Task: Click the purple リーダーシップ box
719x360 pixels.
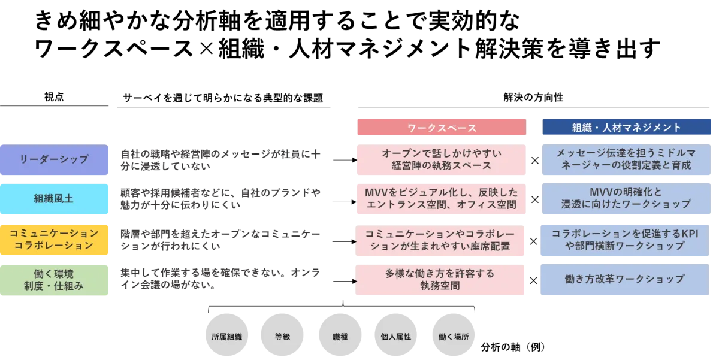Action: pyautogui.click(x=54, y=159)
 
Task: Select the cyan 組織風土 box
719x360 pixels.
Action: pyautogui.click(x=54, y=199)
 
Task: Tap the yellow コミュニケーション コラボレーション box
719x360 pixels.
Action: pyautogui.click(x=54, y=240)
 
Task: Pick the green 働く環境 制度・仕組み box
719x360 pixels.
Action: pyautogui.click(x=54, y=280)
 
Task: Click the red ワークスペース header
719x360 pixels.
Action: pyautogui.click(x=442, y=127)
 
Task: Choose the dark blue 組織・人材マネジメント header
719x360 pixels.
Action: pyautogui.click(x=627, y=127)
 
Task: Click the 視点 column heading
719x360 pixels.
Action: pyautogui.click(x=54, y=97)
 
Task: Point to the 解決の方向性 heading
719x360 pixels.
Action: pyautogui.click(x=533, y=97)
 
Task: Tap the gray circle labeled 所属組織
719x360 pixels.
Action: pyautogui.click(x=226, y=335)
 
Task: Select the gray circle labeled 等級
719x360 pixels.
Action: pyautogui.click(x=282, y=335)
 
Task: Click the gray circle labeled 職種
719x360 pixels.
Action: pyautogui.click(x=340, y=335)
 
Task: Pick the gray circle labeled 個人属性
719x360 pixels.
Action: pyautogui.click(x=396, y=335)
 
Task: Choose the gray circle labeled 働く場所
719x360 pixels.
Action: pyautogui.click(x=454, y=335)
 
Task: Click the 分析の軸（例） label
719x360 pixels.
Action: pyautogui.click(x=513, y=347)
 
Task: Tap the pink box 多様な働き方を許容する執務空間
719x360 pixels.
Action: pyautogui.click(x=440, y=280)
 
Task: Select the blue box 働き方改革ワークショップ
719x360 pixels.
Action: pyautogui.click(x=625, y=280)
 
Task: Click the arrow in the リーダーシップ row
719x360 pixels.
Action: pyautogui.click(x=345, y=160)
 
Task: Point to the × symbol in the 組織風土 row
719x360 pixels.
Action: pyautogui.click(x=534, y=199)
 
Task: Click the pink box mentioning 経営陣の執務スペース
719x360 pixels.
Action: pyautogui.click(x=442, y=159)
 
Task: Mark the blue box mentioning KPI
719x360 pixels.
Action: pyautogui.click(x=625, y=240)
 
